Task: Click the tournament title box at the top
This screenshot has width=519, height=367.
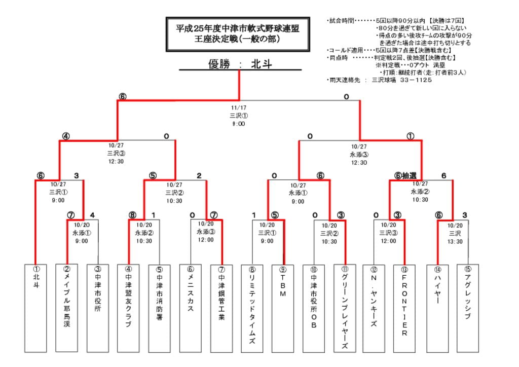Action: [x=237, y=34]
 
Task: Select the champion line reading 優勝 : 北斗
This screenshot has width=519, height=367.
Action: [x=240, y=64]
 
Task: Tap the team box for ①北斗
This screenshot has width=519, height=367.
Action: [x=35, y=308]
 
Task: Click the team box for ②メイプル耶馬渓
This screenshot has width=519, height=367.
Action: [x=66, y=308]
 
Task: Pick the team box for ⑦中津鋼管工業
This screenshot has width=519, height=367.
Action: [x=221, y=308]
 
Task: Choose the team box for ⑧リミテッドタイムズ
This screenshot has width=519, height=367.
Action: [x=252, y=308]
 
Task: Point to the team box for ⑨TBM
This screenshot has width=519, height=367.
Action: [x=282, y=308]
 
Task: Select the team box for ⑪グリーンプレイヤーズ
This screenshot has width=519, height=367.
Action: [x=345, y=308]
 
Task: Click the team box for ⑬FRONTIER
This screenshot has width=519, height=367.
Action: [x=404, y=308]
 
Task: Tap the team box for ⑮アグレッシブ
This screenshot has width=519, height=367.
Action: [x=467, y=308]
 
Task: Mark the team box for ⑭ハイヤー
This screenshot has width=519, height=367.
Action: [x=437, y=308]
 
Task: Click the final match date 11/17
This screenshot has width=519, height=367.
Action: [x=238, y=108]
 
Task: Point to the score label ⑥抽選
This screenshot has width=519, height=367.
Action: [x=405, y=175]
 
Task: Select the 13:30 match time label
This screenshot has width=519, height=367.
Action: [x=455, y=242]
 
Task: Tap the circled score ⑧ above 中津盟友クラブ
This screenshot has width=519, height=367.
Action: [x=132, y=215]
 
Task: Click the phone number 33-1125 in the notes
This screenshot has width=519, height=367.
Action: [x=416, y=80]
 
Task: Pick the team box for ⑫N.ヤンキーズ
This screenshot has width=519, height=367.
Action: [x=374, y=308]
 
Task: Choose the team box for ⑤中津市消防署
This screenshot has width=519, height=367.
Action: [x=159, y=308]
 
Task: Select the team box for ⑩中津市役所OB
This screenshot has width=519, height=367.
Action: [x=314, y=308]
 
